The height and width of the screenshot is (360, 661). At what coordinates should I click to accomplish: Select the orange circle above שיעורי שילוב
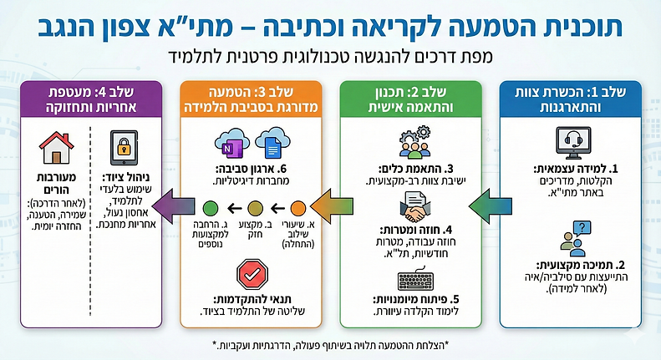coord(297,207)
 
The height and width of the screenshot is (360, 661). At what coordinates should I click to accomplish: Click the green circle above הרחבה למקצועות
coord(211,207)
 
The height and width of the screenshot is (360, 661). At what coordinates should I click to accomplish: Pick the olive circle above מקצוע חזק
coord(256,207)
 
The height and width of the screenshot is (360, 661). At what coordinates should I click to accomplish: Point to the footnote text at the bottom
coord(330,346)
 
